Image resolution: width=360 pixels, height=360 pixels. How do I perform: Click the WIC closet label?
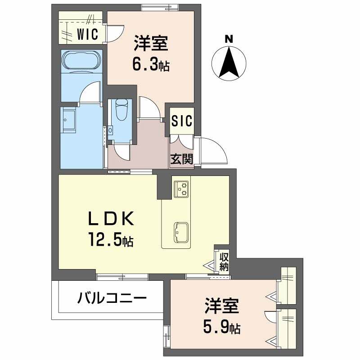(87, 34)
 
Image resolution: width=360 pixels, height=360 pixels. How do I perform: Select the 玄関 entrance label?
(182, 159)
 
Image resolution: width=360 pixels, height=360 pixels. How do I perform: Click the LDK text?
(111, 219)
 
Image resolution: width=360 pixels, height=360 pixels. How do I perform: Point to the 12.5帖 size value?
(111, 239)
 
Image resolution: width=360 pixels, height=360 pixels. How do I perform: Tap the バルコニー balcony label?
(112, 298)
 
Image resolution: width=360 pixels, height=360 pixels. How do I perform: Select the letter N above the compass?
(229, 39)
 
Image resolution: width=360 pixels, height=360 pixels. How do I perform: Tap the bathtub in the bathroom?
(82, 60)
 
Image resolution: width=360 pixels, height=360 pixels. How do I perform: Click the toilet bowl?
(121, 110)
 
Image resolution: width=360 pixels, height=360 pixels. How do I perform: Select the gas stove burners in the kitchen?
(181, 189)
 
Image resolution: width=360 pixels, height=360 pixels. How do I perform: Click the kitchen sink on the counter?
(181, 232)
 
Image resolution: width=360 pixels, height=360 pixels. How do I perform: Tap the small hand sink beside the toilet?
(110, 130)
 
